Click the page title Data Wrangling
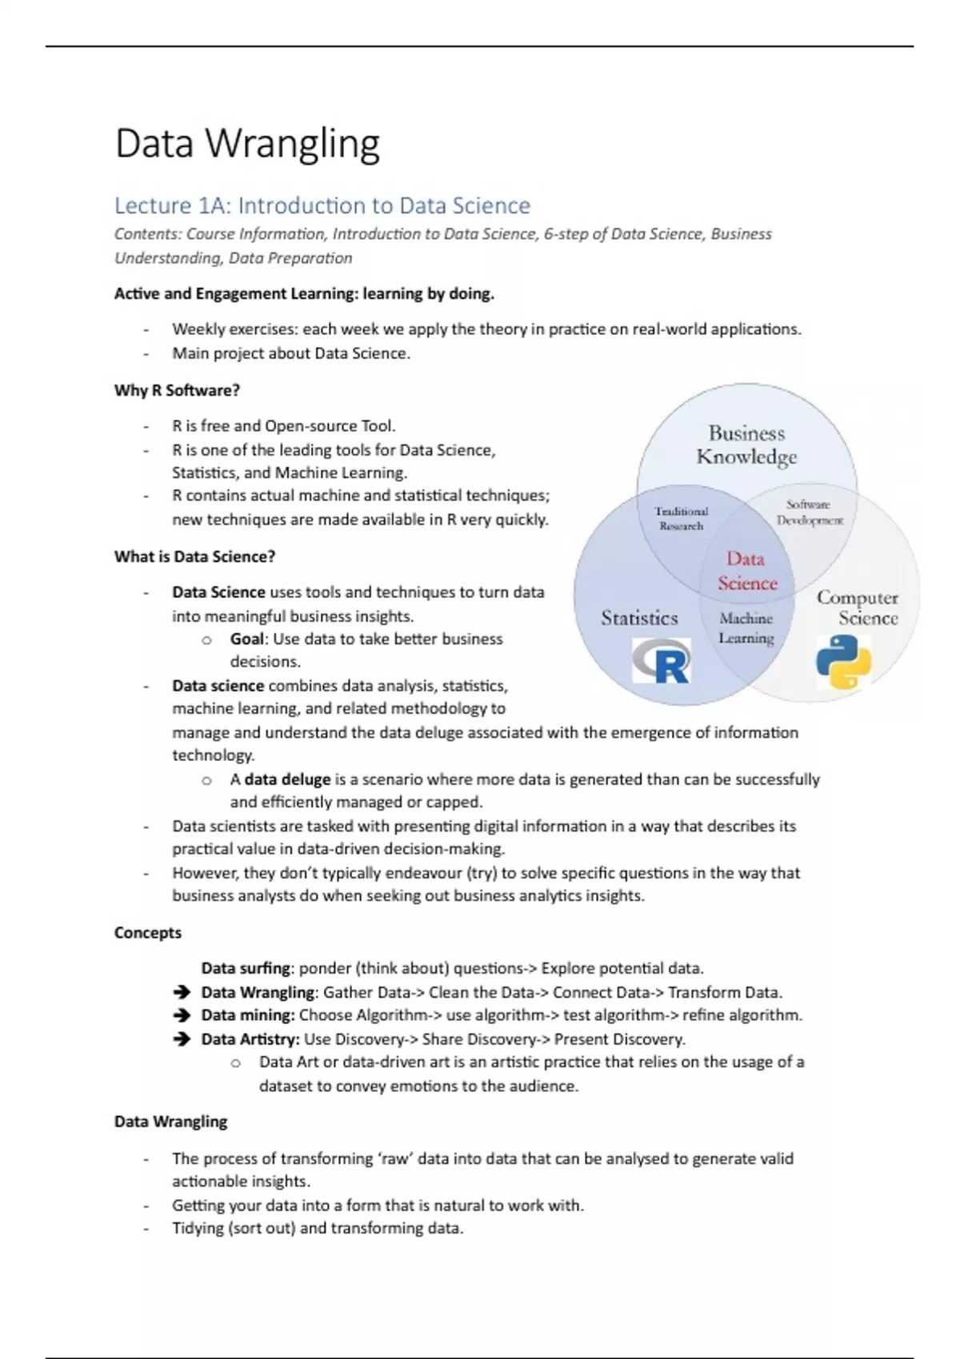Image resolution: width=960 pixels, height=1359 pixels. click(x=247, y=145)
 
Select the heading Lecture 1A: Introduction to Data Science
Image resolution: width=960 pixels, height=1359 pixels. click(x=322, y=205)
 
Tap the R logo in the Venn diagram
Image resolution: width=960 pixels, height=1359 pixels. click(x=661, y=660)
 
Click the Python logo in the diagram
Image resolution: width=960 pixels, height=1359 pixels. click(x=843, y=661)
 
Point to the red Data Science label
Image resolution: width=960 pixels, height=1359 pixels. click(x=747, y=571)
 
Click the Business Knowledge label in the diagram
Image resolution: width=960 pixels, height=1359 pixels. click(x=746, y=444)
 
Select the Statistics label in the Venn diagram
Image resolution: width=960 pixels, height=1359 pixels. click(x=639, y=618)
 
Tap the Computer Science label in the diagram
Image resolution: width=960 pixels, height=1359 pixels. click(x=857, y=608)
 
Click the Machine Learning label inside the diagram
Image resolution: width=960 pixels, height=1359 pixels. click(x=746, y=628)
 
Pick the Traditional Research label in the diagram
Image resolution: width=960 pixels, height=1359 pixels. click(x=681, y=518)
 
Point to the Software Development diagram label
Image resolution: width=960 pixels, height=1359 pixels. click(x=809, y=512)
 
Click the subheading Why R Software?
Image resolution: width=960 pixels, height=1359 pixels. click(x=177, y=390)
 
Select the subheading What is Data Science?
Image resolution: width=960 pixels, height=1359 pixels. click(x=194, y=556)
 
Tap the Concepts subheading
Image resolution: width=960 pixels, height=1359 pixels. click(x=148, y=932)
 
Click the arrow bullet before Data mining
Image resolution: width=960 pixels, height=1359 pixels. click(x=182, y=1015)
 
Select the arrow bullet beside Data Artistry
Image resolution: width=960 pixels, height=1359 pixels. click(x=182, y=1039)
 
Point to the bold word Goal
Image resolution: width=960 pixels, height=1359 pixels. click(x=246, y=639)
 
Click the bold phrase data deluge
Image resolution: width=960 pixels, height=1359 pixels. click(x=287, y=779)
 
